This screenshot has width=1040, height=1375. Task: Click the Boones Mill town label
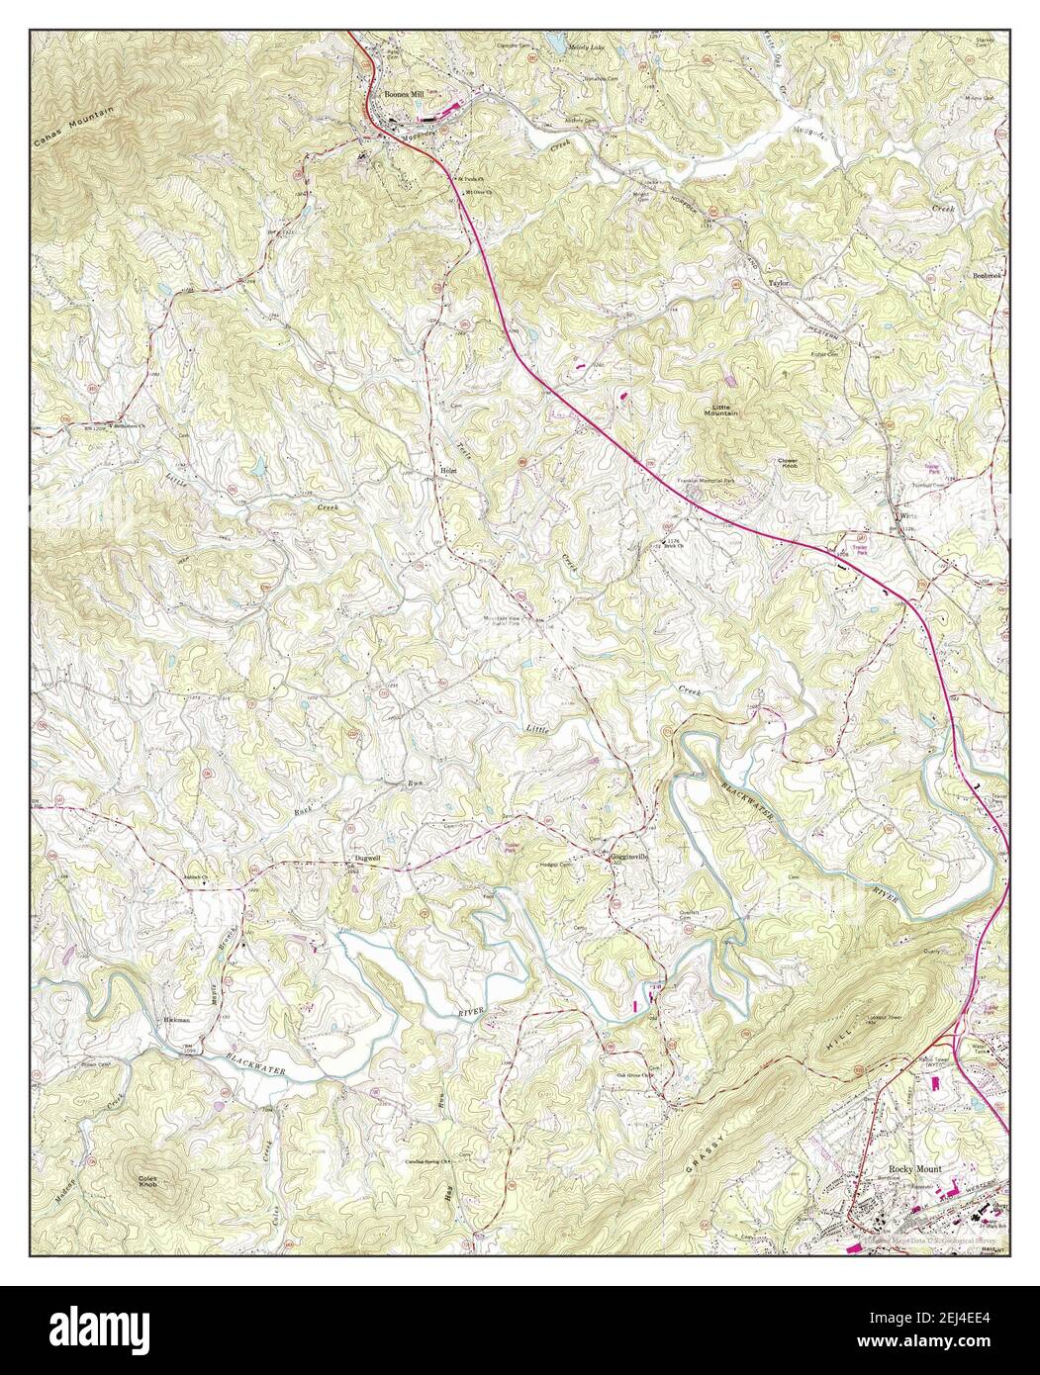point(400,93)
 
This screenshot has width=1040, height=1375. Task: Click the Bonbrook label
point(988,274)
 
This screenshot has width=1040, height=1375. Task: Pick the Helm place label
point(446,471)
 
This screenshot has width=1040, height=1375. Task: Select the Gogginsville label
point(628,858)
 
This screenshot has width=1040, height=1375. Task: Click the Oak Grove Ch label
point(636,1075)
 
